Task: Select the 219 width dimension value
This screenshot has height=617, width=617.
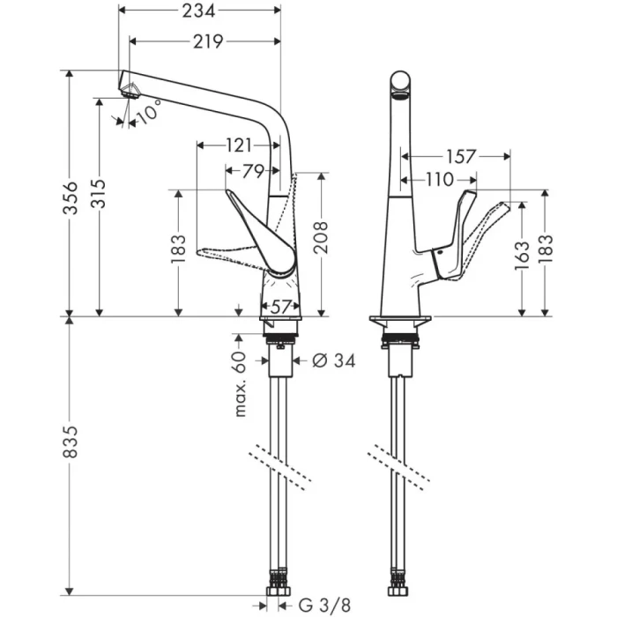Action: click(x=205, y=41)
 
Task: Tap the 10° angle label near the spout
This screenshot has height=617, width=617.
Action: click(x=149, y=112)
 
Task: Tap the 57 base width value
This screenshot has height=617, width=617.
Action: click(x=281, y=306)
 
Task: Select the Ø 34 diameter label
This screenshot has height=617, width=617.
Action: click(x=332, y=361)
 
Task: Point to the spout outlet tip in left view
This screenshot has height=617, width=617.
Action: click(x=128, y=87)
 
